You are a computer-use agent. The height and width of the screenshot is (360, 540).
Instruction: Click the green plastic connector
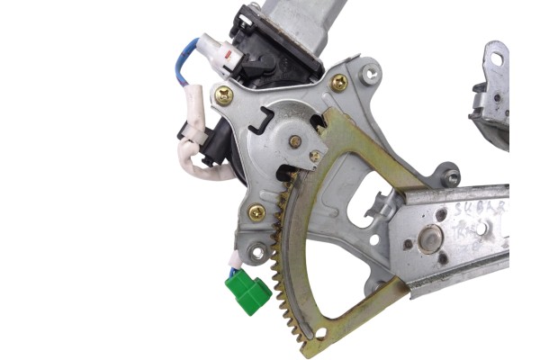(x=248, y=293)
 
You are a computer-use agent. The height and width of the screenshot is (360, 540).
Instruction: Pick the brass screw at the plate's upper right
(x=339, y=83)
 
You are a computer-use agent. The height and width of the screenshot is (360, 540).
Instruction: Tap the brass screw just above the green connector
(x=256, y=213)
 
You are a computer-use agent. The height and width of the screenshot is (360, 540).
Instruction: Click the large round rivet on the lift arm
(x=429, y=239)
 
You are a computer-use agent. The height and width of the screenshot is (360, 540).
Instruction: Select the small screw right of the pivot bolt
(x=314, y=157)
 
